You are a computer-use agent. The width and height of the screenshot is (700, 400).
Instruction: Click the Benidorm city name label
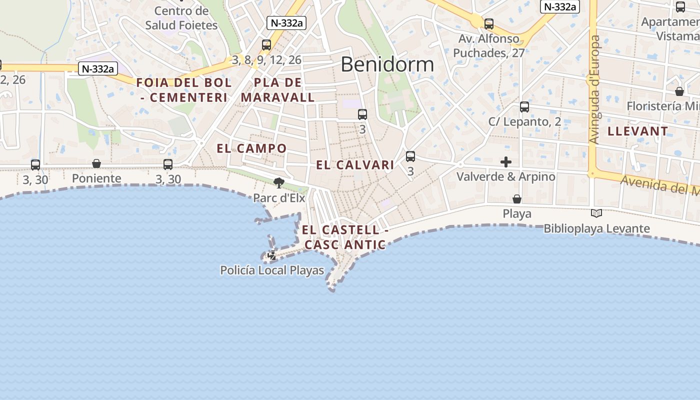pos(387,64)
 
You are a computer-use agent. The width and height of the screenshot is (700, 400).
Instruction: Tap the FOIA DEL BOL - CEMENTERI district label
pos(184,90)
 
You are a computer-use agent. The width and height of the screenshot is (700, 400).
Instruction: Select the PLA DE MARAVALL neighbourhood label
pos(278,90)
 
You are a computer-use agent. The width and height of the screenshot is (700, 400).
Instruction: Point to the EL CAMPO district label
pos(251,148)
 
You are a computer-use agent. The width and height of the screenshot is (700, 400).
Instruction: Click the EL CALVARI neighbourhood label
pos(355,165)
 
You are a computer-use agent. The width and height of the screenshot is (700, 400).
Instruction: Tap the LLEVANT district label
pos(637,131)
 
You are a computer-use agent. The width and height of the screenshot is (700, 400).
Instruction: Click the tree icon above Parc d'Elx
pos(279,183)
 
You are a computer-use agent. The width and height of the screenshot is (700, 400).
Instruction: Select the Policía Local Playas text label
pos(272,270)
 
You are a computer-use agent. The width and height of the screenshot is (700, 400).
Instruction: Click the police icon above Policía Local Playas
pos(272,255)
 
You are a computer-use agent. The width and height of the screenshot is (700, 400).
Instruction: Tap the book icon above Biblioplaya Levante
pos(596,213)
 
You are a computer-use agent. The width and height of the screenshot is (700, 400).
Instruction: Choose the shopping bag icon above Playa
pos(517,199)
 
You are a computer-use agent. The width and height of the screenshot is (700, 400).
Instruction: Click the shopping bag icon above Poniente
pos(96,163)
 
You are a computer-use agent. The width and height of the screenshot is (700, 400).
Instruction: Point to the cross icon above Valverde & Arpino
pos(506,162)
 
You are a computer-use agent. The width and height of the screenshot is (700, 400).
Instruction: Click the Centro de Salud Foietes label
pos(181,18)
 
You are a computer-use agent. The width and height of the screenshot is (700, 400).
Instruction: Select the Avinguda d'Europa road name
pos(594,90)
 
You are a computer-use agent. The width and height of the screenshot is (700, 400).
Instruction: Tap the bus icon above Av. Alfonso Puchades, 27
pos(489,23)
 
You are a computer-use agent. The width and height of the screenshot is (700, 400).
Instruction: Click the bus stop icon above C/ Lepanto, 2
pos(524,106)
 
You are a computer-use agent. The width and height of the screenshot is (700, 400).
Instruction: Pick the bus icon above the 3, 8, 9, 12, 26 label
pos(266,45)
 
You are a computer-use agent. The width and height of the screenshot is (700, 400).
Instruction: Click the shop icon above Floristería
pos(679,91)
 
